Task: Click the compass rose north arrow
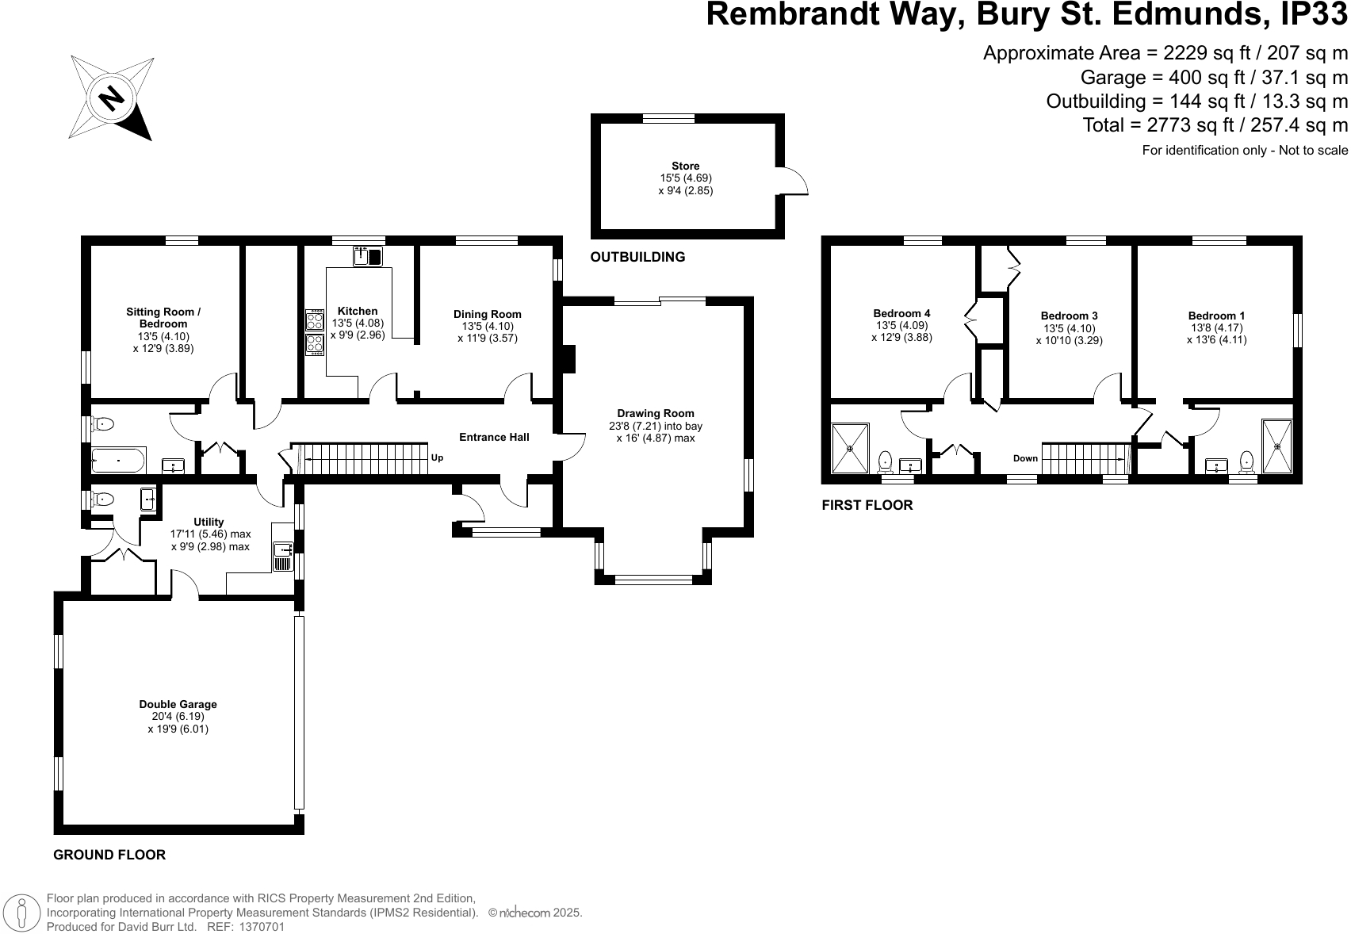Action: click(112, 98)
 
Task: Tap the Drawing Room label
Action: click(655, 413)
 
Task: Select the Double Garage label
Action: click(178, 704)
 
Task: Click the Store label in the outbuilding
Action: click(685, 167)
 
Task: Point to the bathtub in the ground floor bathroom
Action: click(119, 459)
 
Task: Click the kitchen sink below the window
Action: click(368, 256)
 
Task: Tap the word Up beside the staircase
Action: click(437, 458)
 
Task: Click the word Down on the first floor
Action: click(1025, 458)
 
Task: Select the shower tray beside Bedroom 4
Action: click(850, 448)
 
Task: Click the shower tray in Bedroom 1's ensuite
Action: click(1276, 446)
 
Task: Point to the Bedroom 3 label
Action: click(1069, 316)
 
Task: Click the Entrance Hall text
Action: click(494, 437)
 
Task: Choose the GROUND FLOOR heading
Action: click(109, 855)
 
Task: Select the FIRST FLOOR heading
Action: click(867, 505)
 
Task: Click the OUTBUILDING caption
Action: click(637, 257)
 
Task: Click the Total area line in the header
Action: click(1215, 125)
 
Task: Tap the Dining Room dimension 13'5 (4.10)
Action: click(487, 327)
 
